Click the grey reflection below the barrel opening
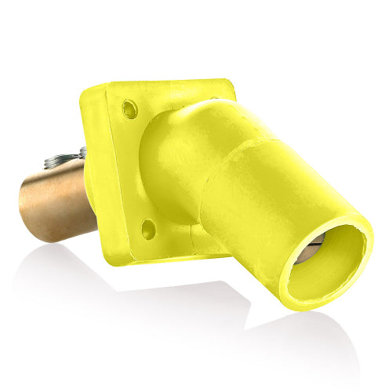pos(314,337)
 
